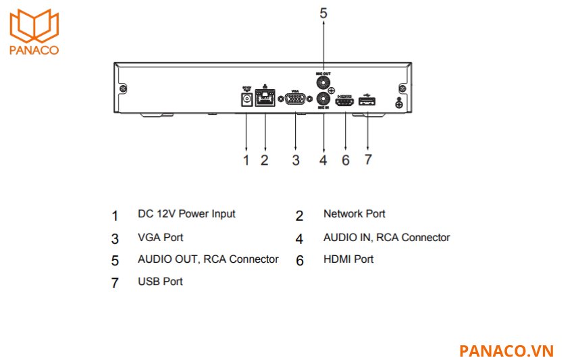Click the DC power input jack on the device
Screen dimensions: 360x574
(246, 99)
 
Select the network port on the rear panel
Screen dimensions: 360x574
(265, 100)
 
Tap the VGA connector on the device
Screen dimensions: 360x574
(295, 100)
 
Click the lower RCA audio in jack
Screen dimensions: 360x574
(323, 99)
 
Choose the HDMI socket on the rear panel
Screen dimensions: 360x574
(345, 101)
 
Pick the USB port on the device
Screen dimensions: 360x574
(367, 101)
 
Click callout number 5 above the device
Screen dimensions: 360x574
(323, 12)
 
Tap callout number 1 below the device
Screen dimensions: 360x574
(246, 160)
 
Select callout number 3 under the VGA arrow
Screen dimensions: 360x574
(295, 160)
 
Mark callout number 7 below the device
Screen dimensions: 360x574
(367, 160)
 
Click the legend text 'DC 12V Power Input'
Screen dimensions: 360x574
(186, 214)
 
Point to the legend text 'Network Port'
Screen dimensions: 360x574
(355, 214)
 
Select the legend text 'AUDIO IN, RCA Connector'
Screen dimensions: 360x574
(386, 238)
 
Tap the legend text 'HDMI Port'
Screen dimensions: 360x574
(348, 259)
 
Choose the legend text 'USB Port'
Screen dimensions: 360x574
(160, 282)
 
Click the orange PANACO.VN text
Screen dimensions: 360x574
(506, 351)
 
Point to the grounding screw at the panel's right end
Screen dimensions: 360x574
(398, 102)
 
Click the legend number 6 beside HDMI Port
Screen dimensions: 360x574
(300, 261)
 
